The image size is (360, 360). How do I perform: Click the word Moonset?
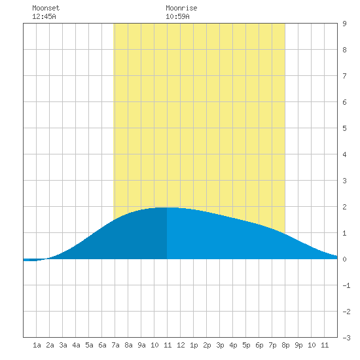46,8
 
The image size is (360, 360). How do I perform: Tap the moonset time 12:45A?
44,16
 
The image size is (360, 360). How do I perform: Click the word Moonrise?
181,8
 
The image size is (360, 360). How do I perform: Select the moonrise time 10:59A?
177,16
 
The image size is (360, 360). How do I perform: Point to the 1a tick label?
37,345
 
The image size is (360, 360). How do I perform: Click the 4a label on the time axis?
76,345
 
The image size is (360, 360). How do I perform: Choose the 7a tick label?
115,345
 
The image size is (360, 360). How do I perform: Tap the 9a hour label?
141,345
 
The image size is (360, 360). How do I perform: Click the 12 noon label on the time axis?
181,345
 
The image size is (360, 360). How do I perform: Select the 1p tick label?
194,345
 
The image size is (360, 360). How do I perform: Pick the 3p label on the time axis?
220,345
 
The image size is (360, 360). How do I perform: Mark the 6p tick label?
259,345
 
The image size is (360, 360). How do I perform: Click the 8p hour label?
285,345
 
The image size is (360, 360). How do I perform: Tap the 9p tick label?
298,345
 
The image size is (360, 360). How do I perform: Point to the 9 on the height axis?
344,24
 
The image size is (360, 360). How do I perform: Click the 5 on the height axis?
344,128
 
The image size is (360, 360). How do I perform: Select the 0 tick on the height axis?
344,259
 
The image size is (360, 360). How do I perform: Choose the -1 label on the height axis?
346,285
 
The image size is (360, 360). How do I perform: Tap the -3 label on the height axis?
346,338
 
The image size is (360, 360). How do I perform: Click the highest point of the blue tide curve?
167,207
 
